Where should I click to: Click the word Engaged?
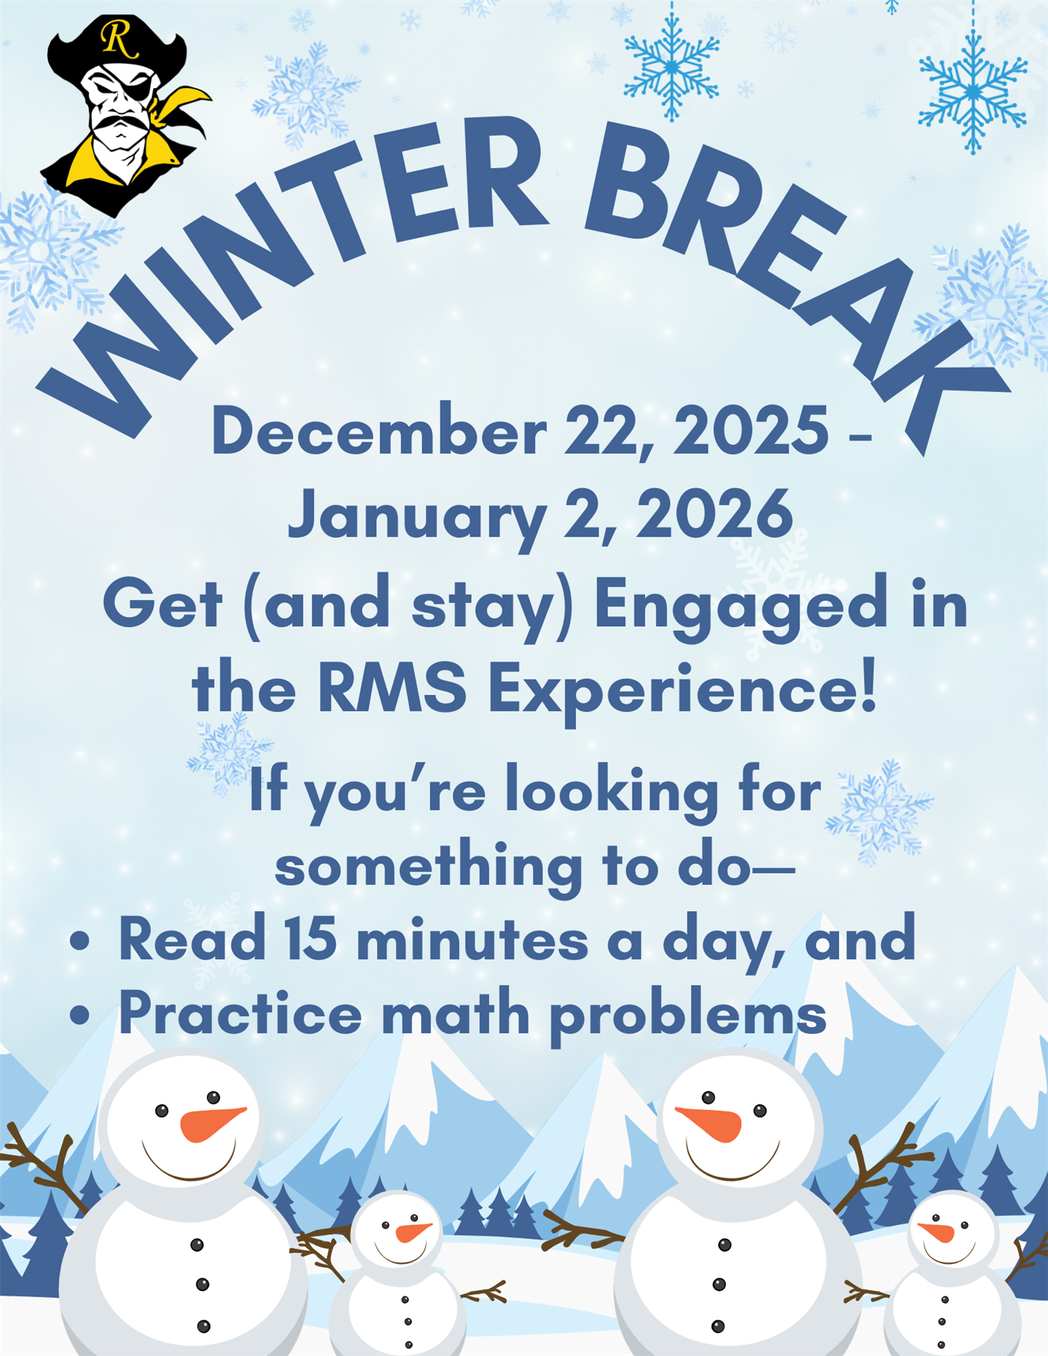[740, 606]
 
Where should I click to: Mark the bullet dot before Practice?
[80, 1015]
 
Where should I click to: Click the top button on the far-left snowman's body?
[197, 1245]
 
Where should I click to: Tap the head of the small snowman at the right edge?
[952, 1232]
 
